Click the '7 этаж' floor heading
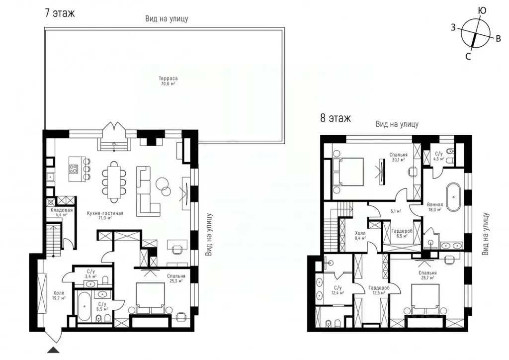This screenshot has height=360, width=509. (x=60, y=13)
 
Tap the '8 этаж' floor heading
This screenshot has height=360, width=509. (x=336, y=118)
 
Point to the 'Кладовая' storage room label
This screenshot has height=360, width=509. (x=62, y=210)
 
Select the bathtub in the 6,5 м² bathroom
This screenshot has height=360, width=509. (x=84, y=306)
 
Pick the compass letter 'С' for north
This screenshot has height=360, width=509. (x=468, y=57)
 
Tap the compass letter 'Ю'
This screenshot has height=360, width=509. (x=481, y=10)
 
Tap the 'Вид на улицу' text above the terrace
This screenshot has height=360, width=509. (x=167, y=19)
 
